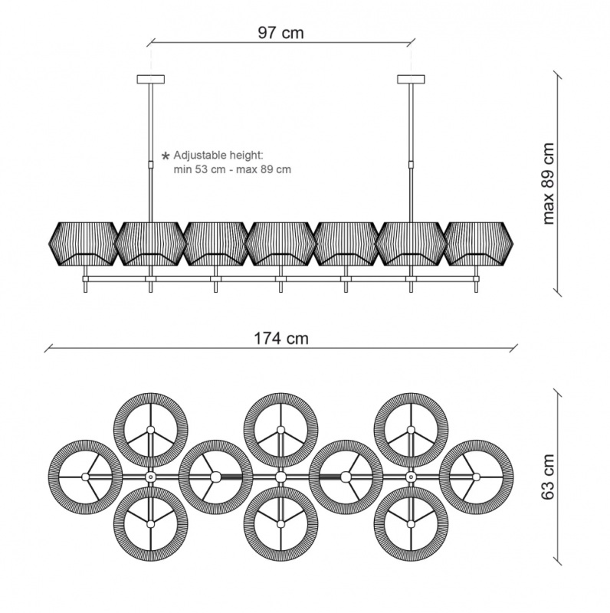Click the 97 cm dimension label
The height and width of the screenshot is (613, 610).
pyautogui.click(x=280, y=32)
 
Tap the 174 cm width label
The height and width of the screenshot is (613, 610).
pyautogui.click(x=281, y=338)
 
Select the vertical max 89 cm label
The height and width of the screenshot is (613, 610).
pyautogui.click(x=549, y=183)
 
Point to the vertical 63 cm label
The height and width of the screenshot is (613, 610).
pyautogui.click(x=548, y=477)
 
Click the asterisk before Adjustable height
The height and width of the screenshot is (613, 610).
pyautogui.click(x=166, y=156)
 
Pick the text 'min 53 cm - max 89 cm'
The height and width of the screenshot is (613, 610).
pyautogui.click(x=232, y=169)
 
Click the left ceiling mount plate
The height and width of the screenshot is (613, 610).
pyautogui.click(x=150, y=79)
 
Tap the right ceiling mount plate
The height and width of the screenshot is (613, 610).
pyautogui.click(x=411, y=79)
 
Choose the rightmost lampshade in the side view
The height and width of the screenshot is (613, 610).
pyautogui.click(x=478, y=244)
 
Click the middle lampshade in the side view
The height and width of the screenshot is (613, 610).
pyautogui.click(x=280, y=244)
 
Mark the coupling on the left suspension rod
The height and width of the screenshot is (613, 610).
pyautogui.click(x=150, y=164)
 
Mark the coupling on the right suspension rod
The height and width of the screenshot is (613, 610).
pyautogui.click(x=411, y=164)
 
